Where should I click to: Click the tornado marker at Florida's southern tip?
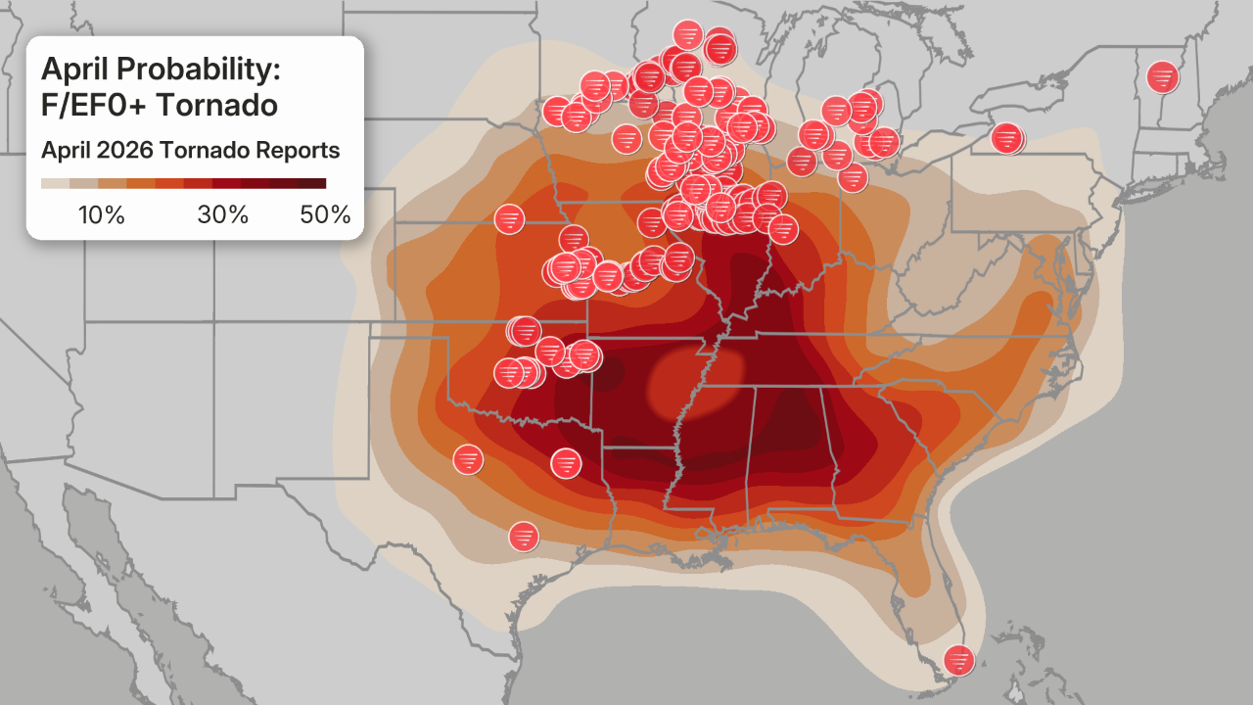[x=958, y=660]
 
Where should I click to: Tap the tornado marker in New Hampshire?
[x=1162, y=75]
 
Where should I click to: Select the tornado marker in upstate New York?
[x=1005, y=138]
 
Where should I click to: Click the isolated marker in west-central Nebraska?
[x=509, y=219]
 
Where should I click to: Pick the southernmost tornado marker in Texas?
[x=524, y=536]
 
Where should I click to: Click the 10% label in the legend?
[x=101, y=215]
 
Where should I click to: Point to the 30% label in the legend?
[x=223, y=215]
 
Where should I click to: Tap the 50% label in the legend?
[x=325, y=215]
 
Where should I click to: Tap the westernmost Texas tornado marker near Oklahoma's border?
[x=468, y=458]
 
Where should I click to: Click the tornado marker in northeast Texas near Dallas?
[x=566, y=462]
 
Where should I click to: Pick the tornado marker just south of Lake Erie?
[x=853, y=177]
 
